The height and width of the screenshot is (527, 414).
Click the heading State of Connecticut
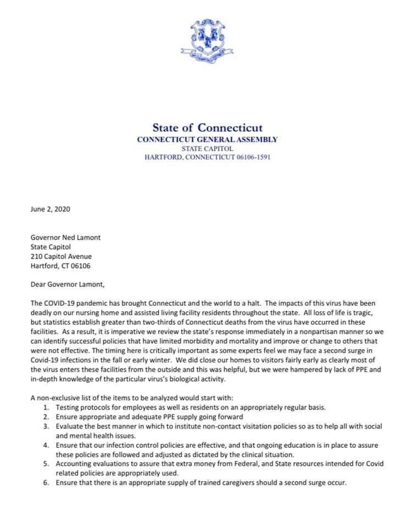pyautogui.click(x=207, y=128)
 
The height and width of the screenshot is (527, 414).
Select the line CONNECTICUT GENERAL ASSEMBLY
pyautogui.click(x=207, y=139)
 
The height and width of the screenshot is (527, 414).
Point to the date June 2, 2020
pyautogui.click(x=51, y=209)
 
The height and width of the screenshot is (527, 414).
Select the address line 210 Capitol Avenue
pyautogui.click(x=61, y=256)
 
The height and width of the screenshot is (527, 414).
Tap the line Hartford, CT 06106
pyautogui.click(x=60, y=266)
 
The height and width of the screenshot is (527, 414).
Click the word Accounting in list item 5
pyautogui.click(x=74, y=464)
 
